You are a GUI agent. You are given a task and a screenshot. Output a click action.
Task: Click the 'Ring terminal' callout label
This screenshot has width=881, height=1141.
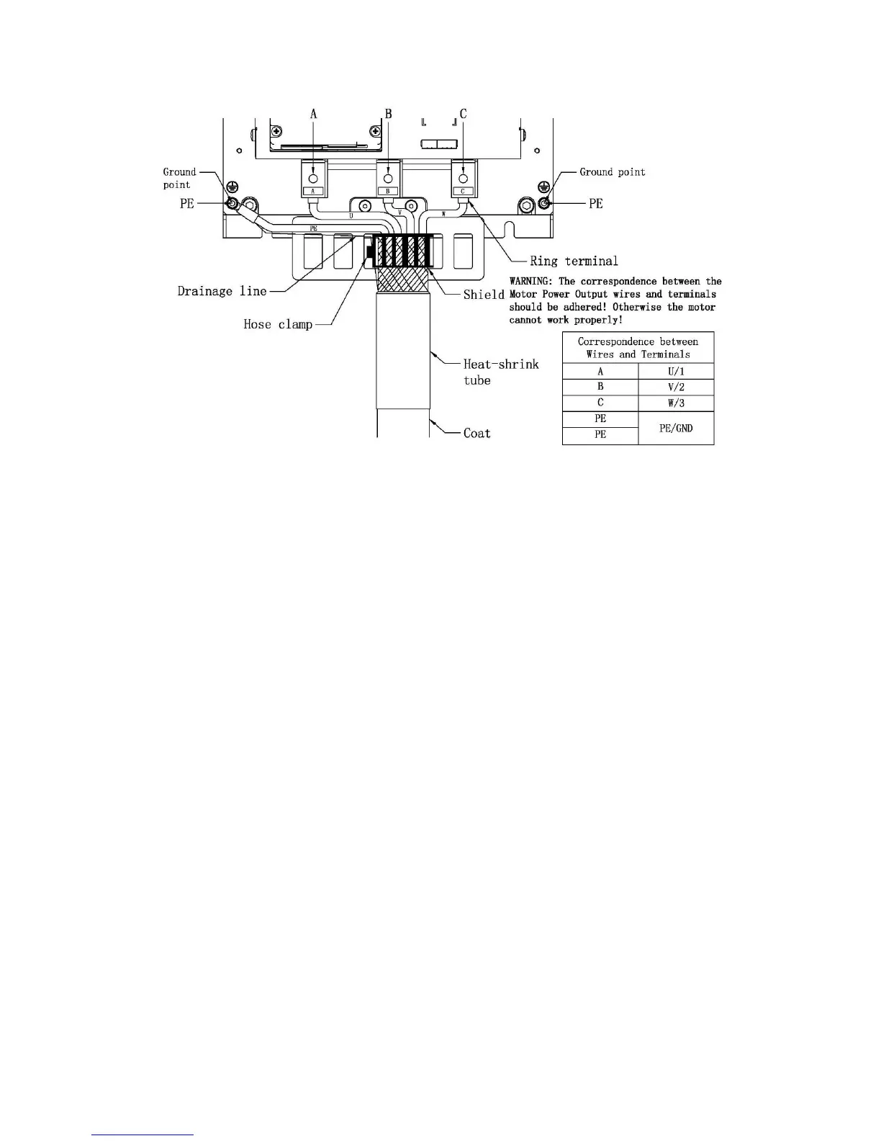tap(574, 261)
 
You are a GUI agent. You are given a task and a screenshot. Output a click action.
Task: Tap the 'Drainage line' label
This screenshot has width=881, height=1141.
tap(222, 292)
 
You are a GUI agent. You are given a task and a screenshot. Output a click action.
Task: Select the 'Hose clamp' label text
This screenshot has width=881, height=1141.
tap(278, 325)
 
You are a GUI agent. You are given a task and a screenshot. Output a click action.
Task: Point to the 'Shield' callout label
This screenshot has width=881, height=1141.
tap(484, 295)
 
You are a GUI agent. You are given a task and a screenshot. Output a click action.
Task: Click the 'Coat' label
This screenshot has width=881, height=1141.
tap(476, 434)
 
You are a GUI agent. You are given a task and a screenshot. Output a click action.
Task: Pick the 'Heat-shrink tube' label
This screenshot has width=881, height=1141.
tap(500, 372)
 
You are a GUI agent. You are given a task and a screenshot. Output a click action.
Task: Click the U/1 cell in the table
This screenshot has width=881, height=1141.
tap(676, 372)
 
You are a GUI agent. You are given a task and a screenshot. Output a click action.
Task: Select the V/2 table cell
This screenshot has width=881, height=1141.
tap(676, 388)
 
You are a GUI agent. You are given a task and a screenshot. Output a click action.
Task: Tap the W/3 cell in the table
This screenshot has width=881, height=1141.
tap(676, 403)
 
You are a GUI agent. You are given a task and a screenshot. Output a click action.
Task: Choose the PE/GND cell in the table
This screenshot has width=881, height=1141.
tap(676, 428)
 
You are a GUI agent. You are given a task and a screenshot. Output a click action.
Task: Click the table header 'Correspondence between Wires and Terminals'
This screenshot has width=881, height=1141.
tap(638, 348)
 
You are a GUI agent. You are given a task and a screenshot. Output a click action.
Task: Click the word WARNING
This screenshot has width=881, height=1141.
tap(530, 282)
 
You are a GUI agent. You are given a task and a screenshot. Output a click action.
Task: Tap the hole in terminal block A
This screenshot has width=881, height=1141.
tap(313, 179)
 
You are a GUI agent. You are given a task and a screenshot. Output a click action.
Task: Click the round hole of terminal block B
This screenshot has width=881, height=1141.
tap(388, 179)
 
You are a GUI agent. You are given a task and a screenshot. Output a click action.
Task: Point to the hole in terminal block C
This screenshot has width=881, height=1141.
tap(463, 179)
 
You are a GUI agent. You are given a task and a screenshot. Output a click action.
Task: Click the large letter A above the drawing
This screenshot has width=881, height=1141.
tap(313, 114)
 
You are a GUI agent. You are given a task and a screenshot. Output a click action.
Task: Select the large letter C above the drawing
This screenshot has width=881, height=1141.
tap(463, 114)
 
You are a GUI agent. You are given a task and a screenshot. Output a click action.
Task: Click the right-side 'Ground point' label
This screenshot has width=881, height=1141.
tap(613, 172)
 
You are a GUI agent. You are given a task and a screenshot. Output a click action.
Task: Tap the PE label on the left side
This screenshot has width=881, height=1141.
tap(187, 204)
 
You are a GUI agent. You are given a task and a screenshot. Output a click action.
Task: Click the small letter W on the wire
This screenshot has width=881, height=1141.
tap(443, 214)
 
